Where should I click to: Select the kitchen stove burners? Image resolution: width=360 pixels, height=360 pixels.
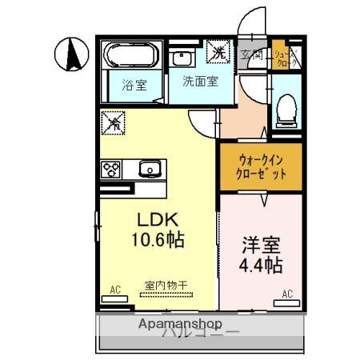click(x=110, y=170)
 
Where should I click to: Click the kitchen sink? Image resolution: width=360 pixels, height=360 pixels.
click(x=150, y=169)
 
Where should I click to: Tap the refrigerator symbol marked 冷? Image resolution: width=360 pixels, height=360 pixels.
click(x=114, y=124)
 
